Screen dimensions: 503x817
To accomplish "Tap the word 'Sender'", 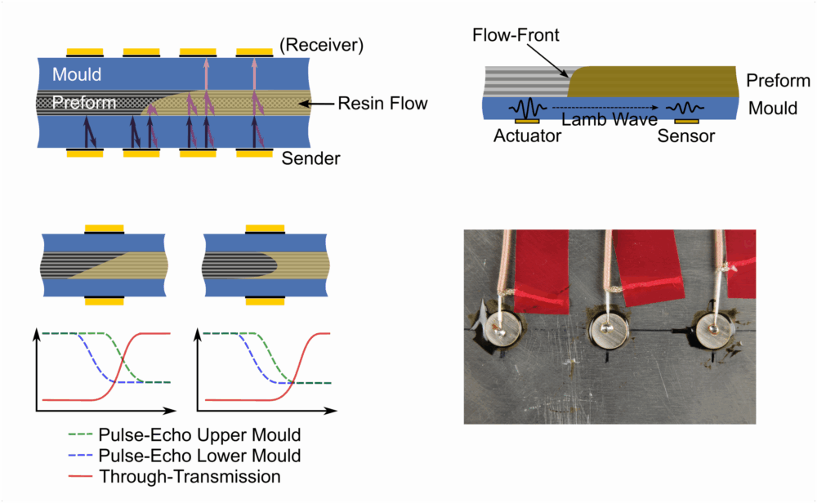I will click(x=310, y=158).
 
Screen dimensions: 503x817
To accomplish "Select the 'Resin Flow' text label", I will click(x=385, y=104).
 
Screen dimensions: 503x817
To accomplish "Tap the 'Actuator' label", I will click(x=528, y=136).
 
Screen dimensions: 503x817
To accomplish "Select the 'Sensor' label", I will click(x=686, y=136).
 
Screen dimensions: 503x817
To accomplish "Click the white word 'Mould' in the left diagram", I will click(x=77, y=74).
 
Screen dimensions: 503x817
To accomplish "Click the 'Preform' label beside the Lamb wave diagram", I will click(x=778, y=81).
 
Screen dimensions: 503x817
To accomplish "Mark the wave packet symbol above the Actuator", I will click(x=528, y=108).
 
